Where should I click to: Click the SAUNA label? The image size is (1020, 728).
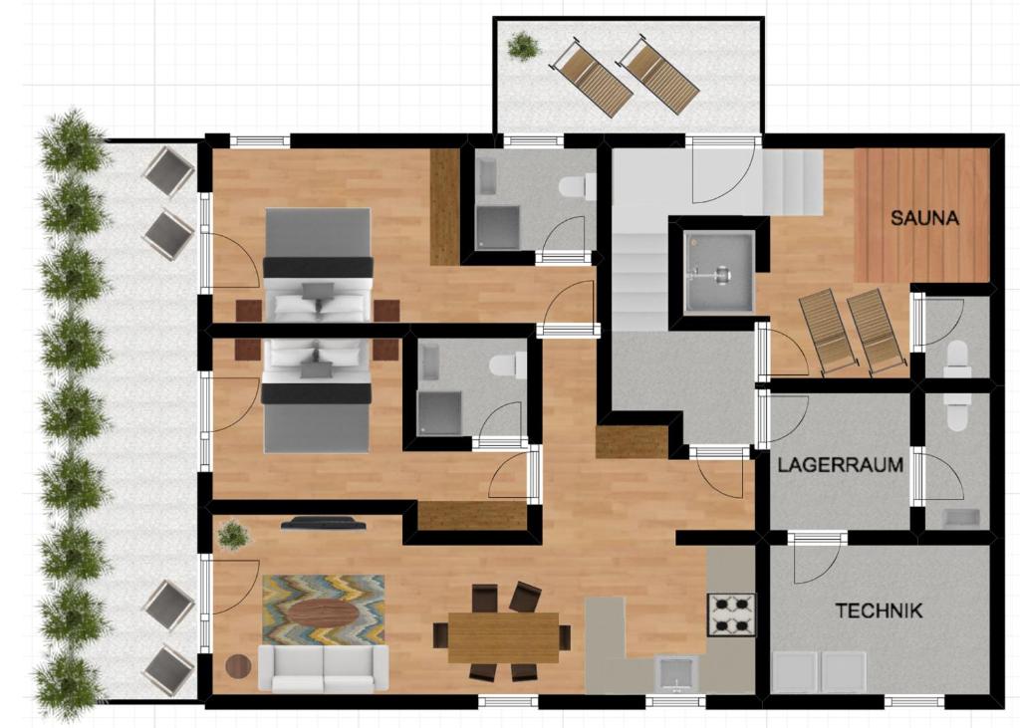[x=924, y=218]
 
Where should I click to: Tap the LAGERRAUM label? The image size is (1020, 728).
[x=841, y=465]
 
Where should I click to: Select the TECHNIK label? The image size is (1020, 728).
[x=879, y=610]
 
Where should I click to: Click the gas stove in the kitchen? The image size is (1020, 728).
[x=731, y=615]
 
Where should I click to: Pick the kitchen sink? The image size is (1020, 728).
[x=676, y=673]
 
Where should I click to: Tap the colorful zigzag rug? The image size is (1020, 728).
[x=324, y=608]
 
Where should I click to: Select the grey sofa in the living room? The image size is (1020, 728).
[x=324, y=668]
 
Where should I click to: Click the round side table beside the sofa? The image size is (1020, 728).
[x=238, y=666]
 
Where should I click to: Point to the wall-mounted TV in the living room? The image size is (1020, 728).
[x=324, y=523]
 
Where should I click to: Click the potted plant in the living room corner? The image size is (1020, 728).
[x=233, y=535]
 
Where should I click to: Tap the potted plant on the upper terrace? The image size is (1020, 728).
[x=523, y=46]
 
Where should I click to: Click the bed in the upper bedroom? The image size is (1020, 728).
[x=318, y=265]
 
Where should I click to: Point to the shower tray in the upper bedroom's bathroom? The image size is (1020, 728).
[x=498, y=228]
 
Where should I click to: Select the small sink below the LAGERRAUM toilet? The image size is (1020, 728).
[x=961, y=519]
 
